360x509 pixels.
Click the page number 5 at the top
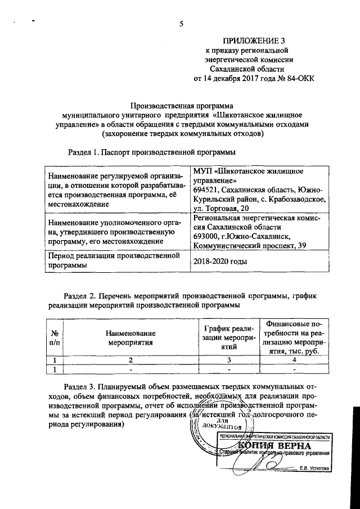coord(181,24)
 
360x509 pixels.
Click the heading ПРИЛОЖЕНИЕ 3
coord(254,40)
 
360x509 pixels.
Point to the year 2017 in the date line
coord(242,78)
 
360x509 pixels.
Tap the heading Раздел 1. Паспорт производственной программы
coord(151,152)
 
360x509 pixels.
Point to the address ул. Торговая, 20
coord(221,209)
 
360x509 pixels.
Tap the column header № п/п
coord(55,337)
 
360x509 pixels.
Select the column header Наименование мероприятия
coord(130,337)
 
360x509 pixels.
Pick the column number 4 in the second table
coord(295,360)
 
